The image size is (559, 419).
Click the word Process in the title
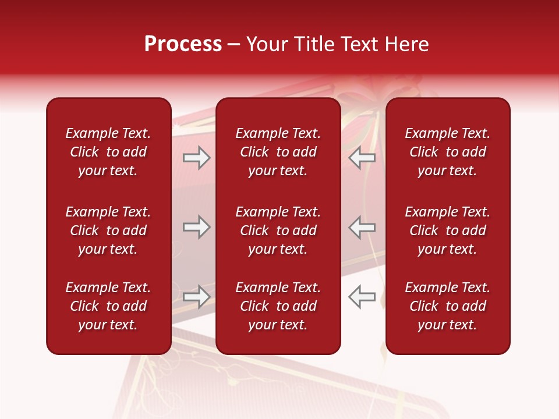point(183,44)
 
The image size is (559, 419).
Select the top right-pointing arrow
point(197,158)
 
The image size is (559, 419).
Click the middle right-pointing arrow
point(197,227)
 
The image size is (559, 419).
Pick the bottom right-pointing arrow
point(197,297)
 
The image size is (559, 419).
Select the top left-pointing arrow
point(362,158)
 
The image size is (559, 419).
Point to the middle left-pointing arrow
point(362,227)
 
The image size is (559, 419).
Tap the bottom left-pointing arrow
point(362,297)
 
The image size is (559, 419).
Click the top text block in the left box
point(108,152)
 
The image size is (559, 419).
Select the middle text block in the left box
point(108,230)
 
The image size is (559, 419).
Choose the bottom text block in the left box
point(108,306)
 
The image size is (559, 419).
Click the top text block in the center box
point(278,152)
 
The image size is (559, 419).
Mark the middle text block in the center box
point(278,230)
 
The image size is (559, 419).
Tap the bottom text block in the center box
point(278,306)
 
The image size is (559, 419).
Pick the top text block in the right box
point(447,152)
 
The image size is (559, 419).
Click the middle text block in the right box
point(447,230)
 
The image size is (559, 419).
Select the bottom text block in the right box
point(447,306)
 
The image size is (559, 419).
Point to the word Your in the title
point(267,44)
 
